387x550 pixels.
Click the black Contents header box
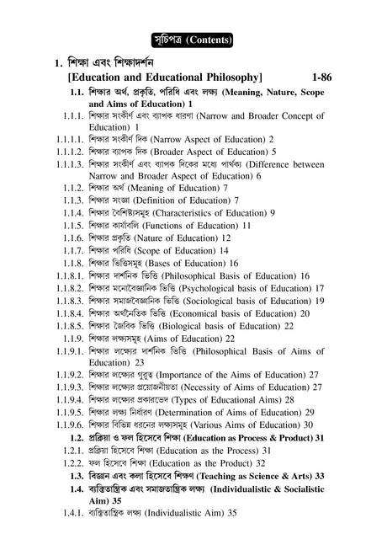(x=193, y=39)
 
